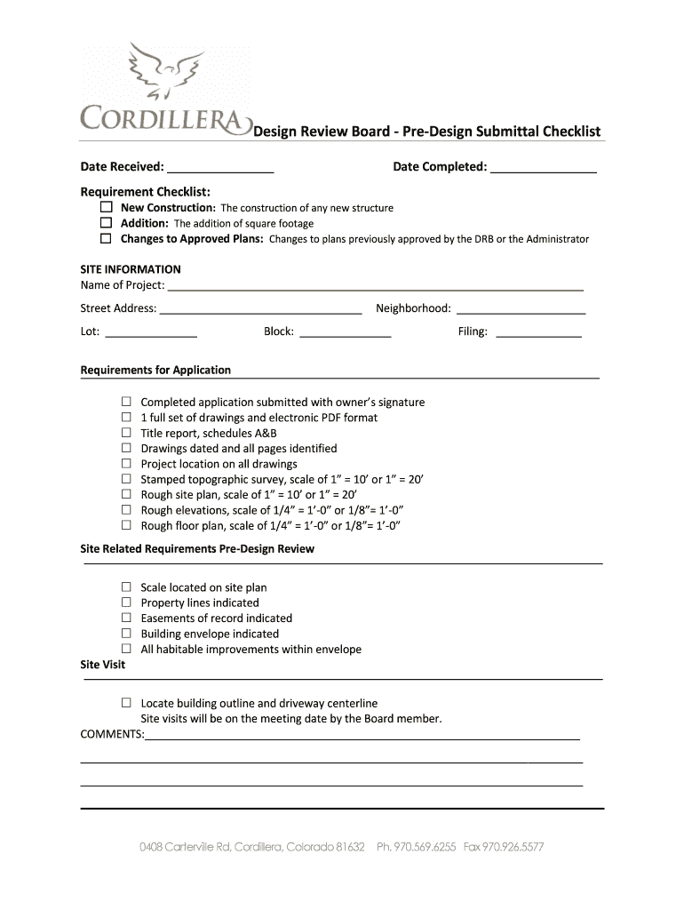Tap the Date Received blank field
pos(219,167)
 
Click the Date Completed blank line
pos(543,167)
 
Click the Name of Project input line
pos(375,285)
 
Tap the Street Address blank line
pos(260,309)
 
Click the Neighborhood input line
pos(521,309)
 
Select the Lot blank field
pos(151,332)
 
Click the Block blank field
pos(345,332)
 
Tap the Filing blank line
pos(538,332)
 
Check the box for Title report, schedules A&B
pos(126,433)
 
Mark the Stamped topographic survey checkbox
pos(126,479)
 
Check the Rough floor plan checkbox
pos(126,525)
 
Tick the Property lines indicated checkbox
pos(126,603)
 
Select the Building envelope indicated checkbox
pos(126,634)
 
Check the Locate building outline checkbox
pos(126,703)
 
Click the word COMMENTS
pos(111,734)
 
